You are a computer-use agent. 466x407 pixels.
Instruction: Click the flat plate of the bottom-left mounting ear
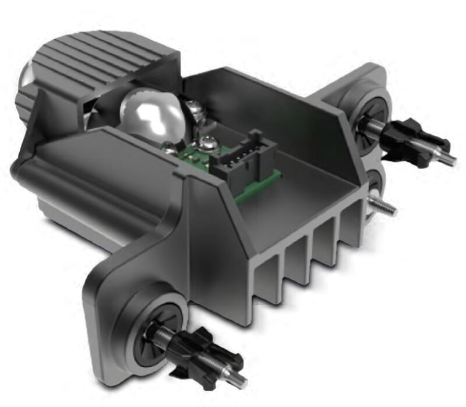point(111,303)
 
